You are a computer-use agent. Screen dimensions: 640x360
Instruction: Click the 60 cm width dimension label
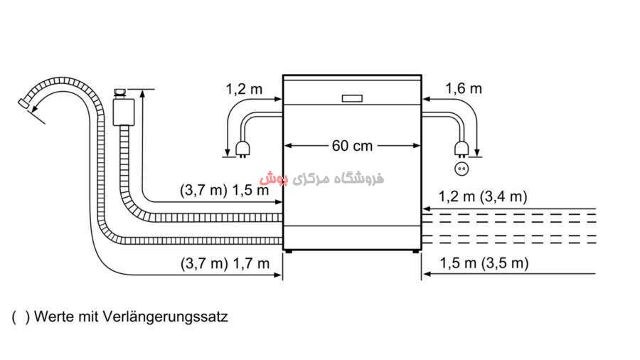352,146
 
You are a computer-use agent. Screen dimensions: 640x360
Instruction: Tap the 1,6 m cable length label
463,88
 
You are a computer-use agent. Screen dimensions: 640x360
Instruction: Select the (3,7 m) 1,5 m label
225,190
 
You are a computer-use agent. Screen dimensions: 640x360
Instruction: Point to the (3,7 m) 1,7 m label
225,264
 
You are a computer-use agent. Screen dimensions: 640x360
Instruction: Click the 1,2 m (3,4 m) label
483,197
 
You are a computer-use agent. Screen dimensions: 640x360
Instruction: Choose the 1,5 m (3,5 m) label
484,263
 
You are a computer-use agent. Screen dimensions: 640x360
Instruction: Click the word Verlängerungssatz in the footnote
165,317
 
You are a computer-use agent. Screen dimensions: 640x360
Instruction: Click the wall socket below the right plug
462,169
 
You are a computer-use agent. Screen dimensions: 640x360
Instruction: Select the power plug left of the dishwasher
243,149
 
